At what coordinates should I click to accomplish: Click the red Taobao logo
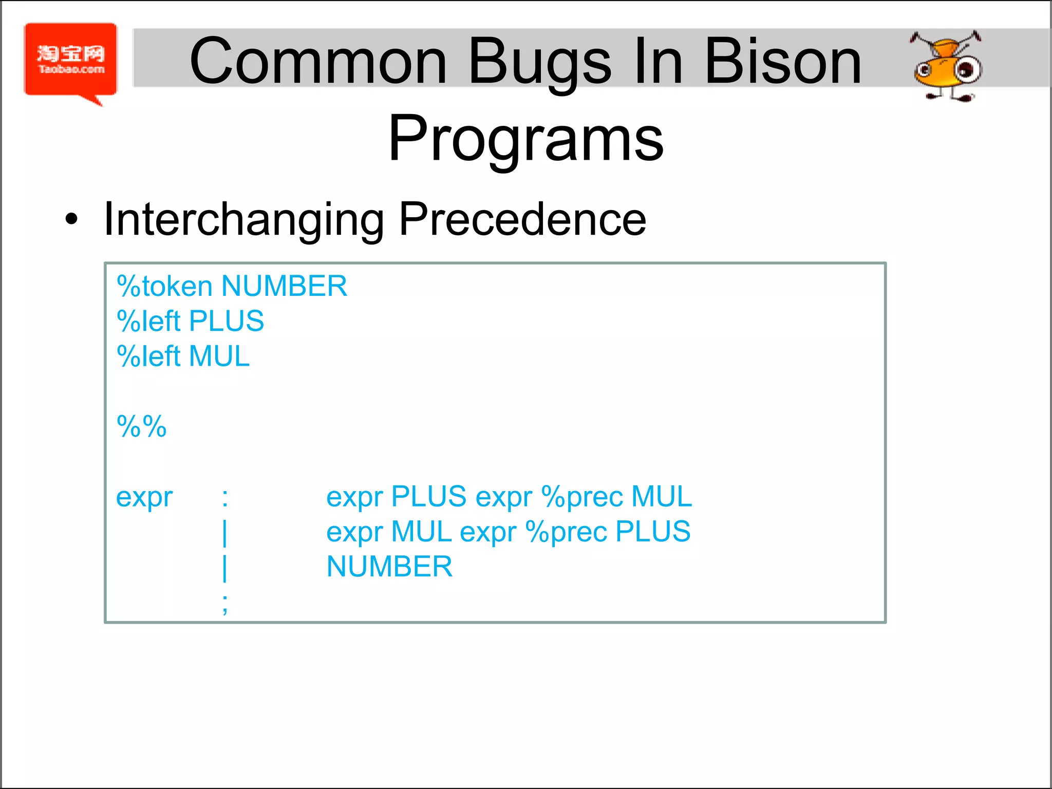70,61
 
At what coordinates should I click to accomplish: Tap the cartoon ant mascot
946,66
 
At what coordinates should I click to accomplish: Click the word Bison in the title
783,62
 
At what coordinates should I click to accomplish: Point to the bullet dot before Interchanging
71,219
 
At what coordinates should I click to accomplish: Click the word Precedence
522,219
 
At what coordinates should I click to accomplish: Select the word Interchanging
243,220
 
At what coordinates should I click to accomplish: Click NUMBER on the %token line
284,286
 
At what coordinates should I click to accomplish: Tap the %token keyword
164,286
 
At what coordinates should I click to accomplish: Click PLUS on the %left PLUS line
226,321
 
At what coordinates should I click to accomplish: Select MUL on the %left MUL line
219,356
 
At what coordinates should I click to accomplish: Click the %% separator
142,426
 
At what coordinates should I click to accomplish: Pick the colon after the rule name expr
225,497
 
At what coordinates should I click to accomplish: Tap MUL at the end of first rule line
661,497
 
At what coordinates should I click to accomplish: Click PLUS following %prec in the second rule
652,532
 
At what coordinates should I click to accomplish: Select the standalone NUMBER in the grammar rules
389,567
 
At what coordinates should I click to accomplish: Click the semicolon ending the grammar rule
225,604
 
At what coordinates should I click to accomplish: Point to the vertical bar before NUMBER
225,567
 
